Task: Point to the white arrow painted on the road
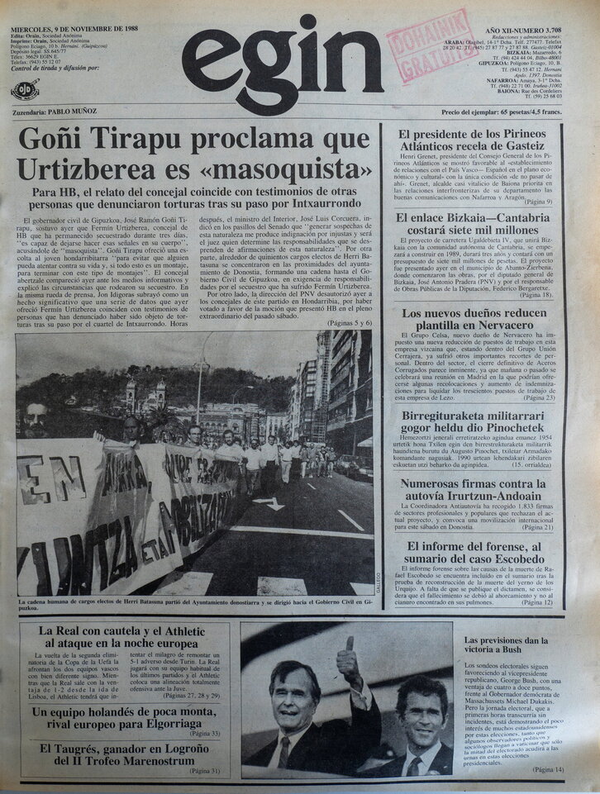269,503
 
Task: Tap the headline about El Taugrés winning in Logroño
124,754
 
